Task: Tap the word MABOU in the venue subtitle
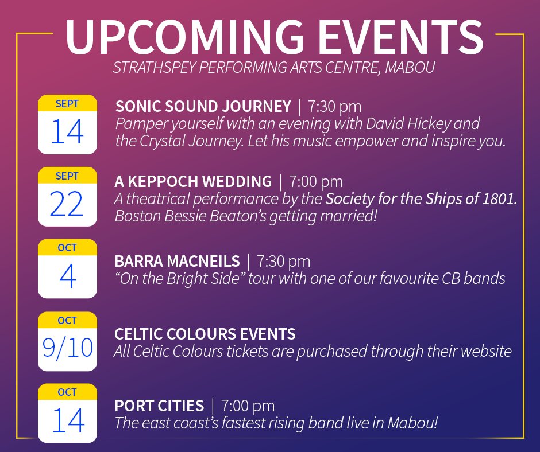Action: point(410,67)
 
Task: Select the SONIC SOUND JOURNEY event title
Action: point(203,107)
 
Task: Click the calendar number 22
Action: point(67,204)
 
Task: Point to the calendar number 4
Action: point(67,276)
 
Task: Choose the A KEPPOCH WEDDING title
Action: point(193,182)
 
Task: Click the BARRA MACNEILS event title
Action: point(177,262)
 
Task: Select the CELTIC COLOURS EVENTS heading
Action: point(205,334)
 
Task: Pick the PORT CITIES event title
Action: point(159,406)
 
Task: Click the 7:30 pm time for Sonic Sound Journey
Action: point(334,107)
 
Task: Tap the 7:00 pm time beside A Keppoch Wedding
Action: point(316,182)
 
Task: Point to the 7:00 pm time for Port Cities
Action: point(248,406)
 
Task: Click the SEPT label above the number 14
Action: point(67,104)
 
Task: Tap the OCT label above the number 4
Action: point(67,248)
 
